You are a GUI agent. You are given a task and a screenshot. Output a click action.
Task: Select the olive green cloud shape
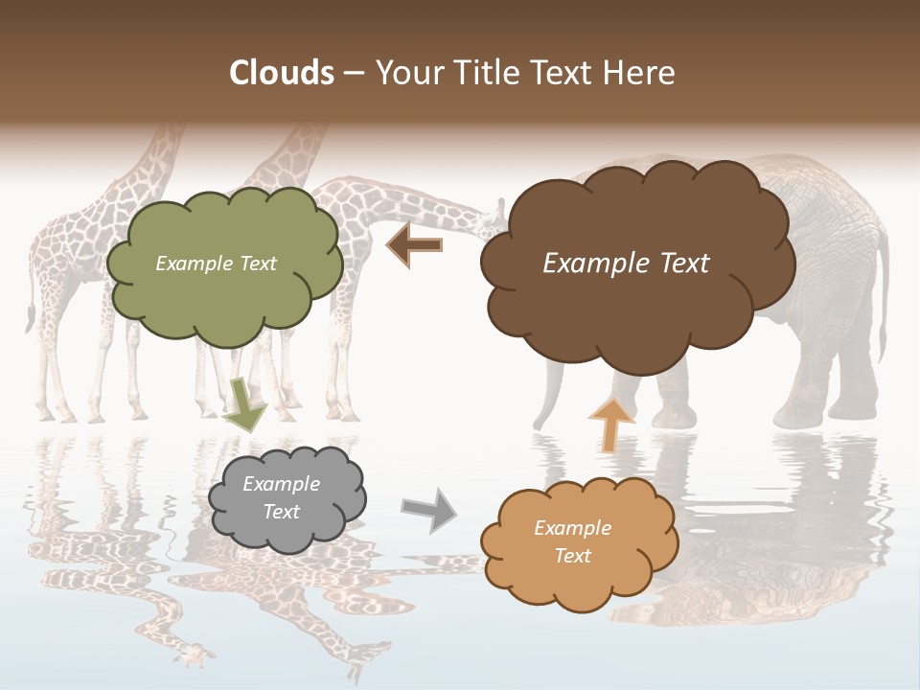click(x=223, y=287)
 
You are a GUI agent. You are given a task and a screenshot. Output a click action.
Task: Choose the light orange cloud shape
click(x=579, y=575)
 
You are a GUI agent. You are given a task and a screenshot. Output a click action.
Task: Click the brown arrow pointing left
click(x=414, y=245)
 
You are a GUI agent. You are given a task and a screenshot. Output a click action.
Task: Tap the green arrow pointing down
click(x=246, y=404)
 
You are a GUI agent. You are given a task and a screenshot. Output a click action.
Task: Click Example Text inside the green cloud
click(x=216, y=264)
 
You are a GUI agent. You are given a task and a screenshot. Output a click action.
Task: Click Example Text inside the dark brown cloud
click(x=626, y=264)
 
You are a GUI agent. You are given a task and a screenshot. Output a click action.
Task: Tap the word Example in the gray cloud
click(x=281, y=484)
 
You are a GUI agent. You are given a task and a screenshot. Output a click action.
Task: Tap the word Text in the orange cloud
click(x=572, y=556)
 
